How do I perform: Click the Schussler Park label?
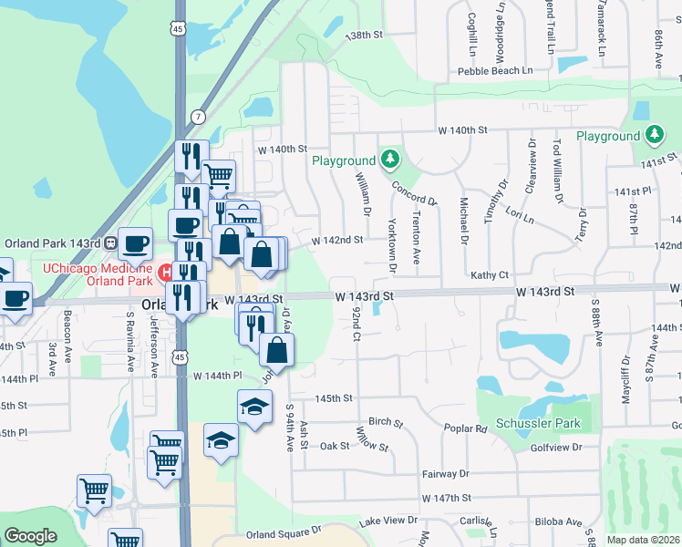(537, 424)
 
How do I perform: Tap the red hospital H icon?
(165, 272)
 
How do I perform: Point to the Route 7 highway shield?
(198, 117)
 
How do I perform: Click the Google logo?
(30, 536)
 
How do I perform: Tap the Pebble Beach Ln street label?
(495, 70)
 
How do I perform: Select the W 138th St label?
(367, 35)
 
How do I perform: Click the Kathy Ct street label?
(489, 274)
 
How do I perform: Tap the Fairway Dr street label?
(445, 474)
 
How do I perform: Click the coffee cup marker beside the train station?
(136, 243)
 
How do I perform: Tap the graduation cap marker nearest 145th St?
(254, 406)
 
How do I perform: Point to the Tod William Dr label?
(555, 172)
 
